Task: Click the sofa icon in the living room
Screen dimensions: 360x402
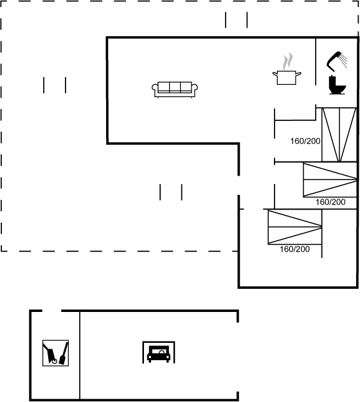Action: coord(175,89)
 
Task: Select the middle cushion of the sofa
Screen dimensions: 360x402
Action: coord(175,87)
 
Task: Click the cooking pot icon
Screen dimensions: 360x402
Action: coord(287,77)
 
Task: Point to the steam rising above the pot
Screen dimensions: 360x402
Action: coord(288,61)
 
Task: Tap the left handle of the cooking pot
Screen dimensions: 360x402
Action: coord(275,74)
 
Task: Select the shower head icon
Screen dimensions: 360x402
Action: coord(334,61)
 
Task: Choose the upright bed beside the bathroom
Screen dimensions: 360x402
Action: coord(339,135)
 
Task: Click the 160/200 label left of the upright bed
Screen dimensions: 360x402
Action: coord(305,141)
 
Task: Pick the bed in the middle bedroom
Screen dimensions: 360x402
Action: coord(330,179)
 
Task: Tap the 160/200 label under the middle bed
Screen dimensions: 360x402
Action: coord(330,202)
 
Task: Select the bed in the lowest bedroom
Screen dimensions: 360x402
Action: coord(295,226)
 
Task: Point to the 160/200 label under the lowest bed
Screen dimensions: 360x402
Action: coord(294,249)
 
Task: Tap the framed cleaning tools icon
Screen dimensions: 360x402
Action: coord(55,353)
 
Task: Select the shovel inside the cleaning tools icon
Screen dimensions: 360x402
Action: coord(64,354)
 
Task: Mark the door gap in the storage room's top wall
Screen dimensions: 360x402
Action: coord(52,311)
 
